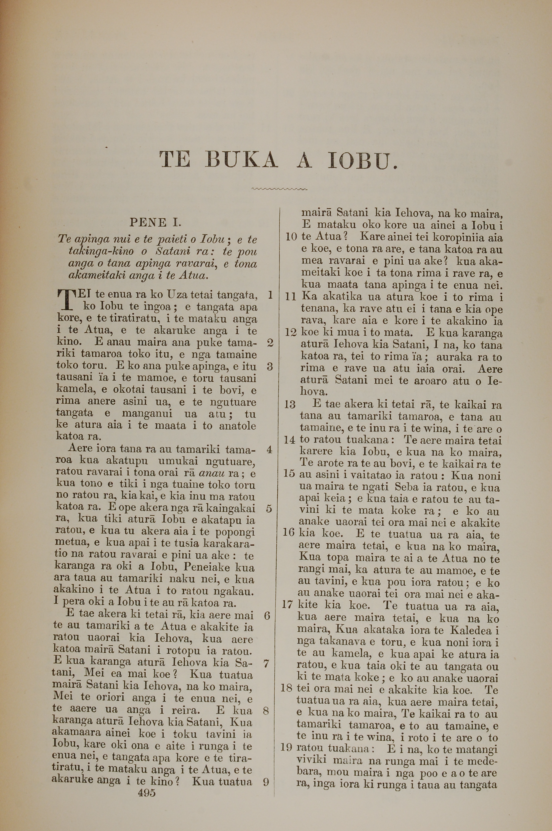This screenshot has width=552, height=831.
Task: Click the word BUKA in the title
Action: pos(242,160)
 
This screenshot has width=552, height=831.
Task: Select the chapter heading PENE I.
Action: pos(155,222)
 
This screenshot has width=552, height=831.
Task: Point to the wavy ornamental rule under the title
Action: pos(280,190)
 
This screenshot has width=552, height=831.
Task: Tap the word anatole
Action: pos(238,426)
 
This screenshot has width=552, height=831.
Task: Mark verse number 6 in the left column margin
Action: pos(267,616)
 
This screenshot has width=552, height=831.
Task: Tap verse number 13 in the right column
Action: pos(290,404)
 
